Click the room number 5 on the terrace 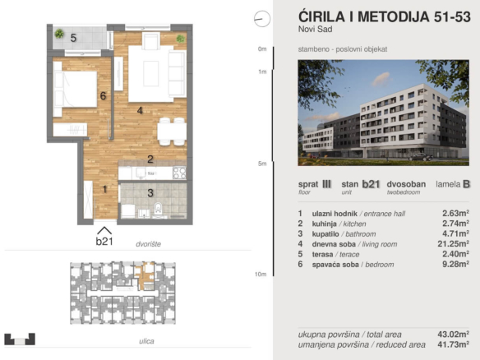(73, 38)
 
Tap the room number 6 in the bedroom (104, 96)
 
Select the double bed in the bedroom (76, 89)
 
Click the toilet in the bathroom (158, 208)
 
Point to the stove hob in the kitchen (179, 173)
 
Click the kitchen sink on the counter (141, 173)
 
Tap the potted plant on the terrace (59, 34)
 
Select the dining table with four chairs (172, 132)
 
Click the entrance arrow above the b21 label (104, 230)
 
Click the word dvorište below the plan (149, 244)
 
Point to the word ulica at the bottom (146, 341)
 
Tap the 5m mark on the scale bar (262, 164)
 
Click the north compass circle (262, 19)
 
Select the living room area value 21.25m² (453, 243)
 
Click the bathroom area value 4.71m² (455, 233)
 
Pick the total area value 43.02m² (453, 335)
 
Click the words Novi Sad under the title (316, 29)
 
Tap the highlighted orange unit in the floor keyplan (144, 276)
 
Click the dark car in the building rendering (421, 157)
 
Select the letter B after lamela (466, 184)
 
